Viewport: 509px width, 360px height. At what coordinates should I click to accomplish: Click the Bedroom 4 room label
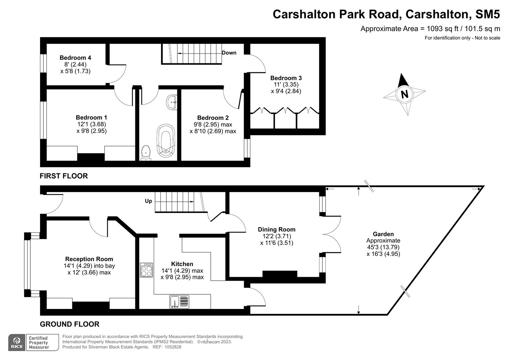click(75, 58)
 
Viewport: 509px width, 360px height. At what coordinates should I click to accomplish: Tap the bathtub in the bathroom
click(166, 140)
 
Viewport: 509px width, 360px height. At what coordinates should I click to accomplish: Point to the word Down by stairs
click(229, 53)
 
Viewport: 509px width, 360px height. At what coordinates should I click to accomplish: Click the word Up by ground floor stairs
click(148, 201)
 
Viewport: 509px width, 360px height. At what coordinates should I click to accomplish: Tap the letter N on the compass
click(404, 94)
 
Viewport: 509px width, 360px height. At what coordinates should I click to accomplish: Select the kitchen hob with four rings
click(146, 270)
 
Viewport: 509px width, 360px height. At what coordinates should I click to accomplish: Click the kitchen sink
click(179, 302)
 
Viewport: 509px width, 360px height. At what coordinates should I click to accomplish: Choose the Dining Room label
click(277, 229)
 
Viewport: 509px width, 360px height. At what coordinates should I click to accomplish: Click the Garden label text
click(383, 234)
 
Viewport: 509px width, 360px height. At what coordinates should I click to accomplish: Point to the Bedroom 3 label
click(286, 78)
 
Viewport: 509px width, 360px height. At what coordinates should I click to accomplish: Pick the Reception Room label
click(89, 259)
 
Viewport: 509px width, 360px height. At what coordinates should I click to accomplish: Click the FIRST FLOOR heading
click(64, 176)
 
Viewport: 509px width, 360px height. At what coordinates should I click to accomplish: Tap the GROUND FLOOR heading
click(69, 324)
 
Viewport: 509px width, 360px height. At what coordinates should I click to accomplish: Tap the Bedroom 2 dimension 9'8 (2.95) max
click(213, 124)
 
